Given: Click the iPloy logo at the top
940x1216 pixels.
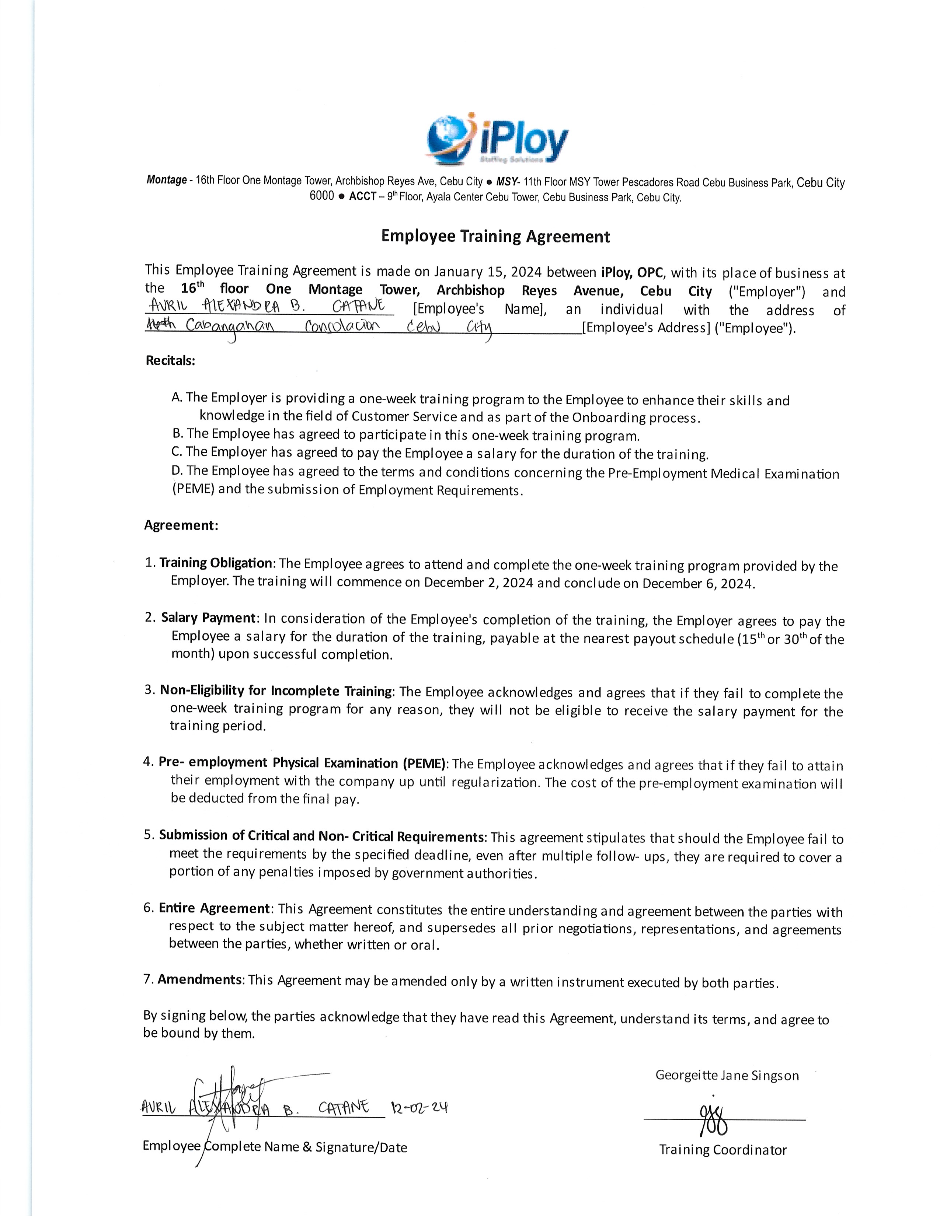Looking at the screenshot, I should click(497, 139).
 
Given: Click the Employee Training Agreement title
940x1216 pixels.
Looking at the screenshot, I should click(495, 237).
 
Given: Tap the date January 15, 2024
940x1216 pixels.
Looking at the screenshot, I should click(487, 272).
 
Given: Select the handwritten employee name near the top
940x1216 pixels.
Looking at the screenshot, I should click(267, 306).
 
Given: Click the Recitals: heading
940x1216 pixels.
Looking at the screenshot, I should click(170, 360).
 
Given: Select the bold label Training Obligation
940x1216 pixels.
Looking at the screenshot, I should click(216, 563).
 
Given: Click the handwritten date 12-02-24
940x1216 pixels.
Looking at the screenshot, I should click(419, 1108).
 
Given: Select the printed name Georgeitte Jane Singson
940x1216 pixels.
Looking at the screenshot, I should click(727, 1075).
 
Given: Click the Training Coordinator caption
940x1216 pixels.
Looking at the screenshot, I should click(723, 1150).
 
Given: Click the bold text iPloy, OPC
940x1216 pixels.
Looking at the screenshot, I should click(632, 273).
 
